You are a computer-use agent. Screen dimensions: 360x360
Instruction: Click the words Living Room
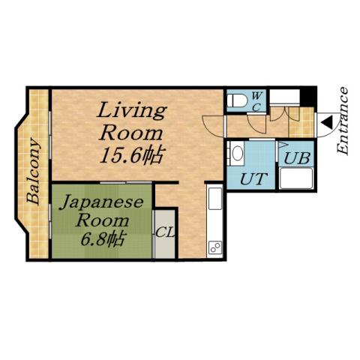click(x=132, y=122)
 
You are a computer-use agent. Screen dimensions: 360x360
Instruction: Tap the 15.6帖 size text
click(x=133, y=156)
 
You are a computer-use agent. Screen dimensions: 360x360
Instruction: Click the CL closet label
click(x=164, y=232)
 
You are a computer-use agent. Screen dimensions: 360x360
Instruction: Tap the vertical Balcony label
click(x=34, y=171)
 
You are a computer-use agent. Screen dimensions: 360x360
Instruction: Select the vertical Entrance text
click(x=343, y=121)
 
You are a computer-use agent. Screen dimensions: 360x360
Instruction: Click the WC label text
click(x=256, y=100)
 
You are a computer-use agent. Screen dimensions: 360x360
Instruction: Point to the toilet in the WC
click(x=235, y=100)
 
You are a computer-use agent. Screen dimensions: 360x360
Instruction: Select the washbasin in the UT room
click(x=237, y=154)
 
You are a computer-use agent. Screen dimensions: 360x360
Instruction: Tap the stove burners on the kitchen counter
click(x=214, y=247)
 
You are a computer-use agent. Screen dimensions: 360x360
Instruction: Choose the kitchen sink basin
click(x=214, y=201)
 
